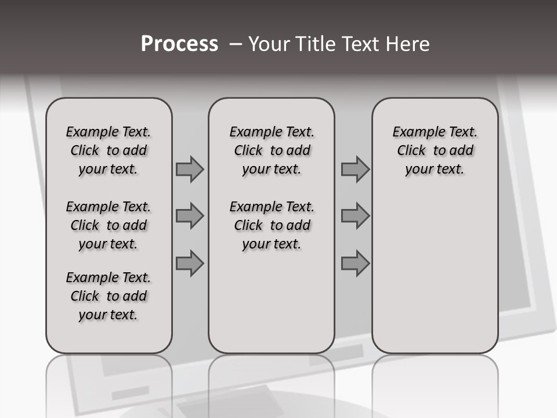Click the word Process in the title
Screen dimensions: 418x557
[x=179, y=44]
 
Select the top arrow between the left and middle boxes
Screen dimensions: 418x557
[x=190, y=169]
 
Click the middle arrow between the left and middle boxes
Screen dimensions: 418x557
[x=190, y=217]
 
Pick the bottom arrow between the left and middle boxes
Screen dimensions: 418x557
[x=190, y=264]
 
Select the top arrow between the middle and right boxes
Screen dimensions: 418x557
[x=355, y=169]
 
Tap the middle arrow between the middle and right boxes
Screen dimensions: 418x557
[x=355, y=217]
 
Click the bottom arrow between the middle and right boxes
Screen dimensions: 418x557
[x=355, y=264]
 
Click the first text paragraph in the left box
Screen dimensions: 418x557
[x=108, y=150]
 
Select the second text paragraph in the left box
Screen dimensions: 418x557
[x=108, y=225]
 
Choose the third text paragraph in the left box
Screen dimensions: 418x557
[x=108, y=296]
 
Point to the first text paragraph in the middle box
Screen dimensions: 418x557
[x=272, y=150]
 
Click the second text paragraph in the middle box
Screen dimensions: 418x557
[x=272, y=225]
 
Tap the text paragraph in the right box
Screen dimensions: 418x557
[x=435, y=150]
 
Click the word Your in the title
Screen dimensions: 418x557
[x=269, y=44]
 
